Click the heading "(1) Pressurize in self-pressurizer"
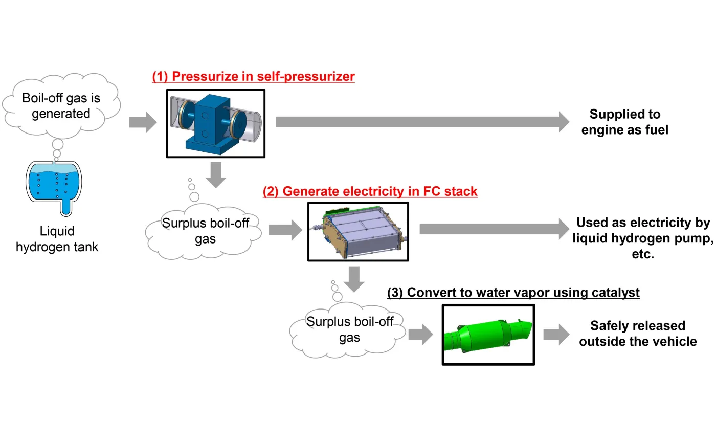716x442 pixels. tap(253, 77)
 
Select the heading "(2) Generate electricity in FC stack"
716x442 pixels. tap(370, 191)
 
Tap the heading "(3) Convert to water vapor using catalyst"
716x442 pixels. tap(513, 293)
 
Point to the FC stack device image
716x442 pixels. tap(358, 232)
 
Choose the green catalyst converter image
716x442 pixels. tap(488, 335)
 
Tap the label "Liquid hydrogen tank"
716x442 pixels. tap(57, 239)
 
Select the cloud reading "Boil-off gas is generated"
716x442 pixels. tap(61, 106)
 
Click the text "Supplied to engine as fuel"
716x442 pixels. tap(624, 122)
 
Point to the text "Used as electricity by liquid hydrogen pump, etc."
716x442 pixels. tap(643, 238)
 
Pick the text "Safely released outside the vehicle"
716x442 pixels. tap(638, 333)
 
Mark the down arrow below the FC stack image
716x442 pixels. tap(356, 278)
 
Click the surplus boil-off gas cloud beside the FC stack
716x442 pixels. tap(205, 231)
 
